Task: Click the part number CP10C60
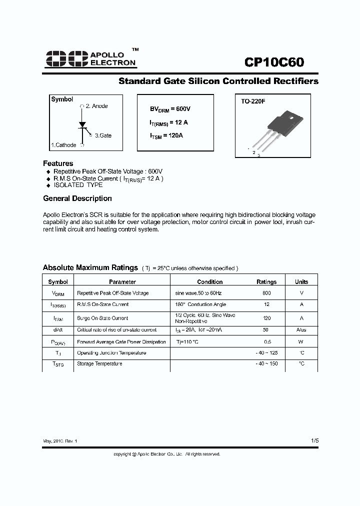click(x=274, y=61)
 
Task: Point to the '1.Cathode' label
click(x=63, y=145)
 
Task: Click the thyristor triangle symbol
click(x=83, y=124)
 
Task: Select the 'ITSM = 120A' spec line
click(x=166, y=135)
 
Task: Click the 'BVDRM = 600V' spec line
click(x=170, y=109)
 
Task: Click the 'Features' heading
click(x=58, y=163)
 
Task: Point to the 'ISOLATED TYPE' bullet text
click(x=78, y=185)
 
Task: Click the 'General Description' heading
click(x=77, y=198)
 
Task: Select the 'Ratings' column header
click(x=266, y=282)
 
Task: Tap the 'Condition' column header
click(x=210, y=282)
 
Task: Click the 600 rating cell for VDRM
click(x=266, y=293)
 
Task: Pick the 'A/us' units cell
click(x=301, y=330)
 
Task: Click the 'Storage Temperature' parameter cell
click(x=99, y=364)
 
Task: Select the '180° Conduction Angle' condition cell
click(x=200, y=304)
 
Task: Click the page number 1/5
click(x=314, y=440)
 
